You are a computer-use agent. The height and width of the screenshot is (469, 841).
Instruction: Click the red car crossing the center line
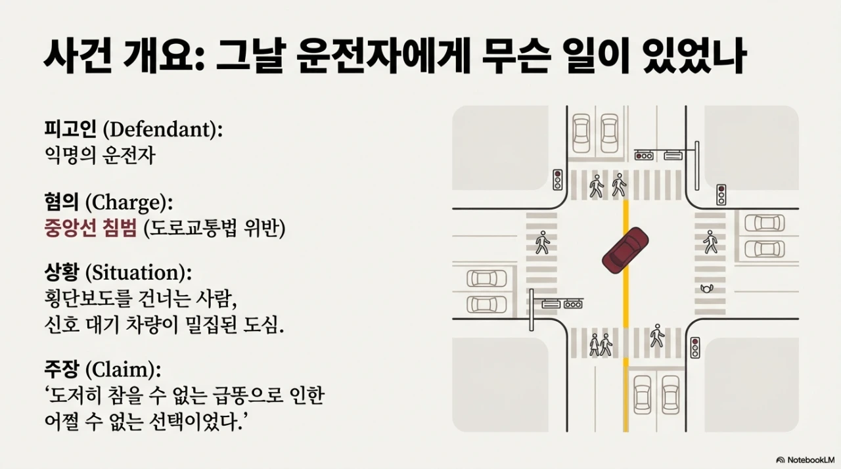pos(625,250)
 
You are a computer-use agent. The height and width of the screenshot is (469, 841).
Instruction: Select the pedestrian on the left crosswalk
pos(542,242)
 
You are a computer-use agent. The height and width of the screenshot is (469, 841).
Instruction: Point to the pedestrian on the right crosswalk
pos(710,242)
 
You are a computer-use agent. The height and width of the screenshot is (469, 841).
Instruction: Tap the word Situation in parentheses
pos(139,272)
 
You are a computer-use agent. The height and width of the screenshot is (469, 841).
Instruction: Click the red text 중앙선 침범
pos(90,228)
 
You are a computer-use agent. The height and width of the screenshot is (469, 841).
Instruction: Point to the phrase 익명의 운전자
pos(99,156)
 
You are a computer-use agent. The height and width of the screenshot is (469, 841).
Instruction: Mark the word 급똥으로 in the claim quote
pos(238,395)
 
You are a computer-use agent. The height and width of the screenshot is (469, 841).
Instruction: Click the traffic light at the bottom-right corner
pos(695,347)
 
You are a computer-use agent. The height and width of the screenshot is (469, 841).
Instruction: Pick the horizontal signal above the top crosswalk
pos(644,156)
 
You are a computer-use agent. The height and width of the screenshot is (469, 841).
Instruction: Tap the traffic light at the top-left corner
pos(557,179)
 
